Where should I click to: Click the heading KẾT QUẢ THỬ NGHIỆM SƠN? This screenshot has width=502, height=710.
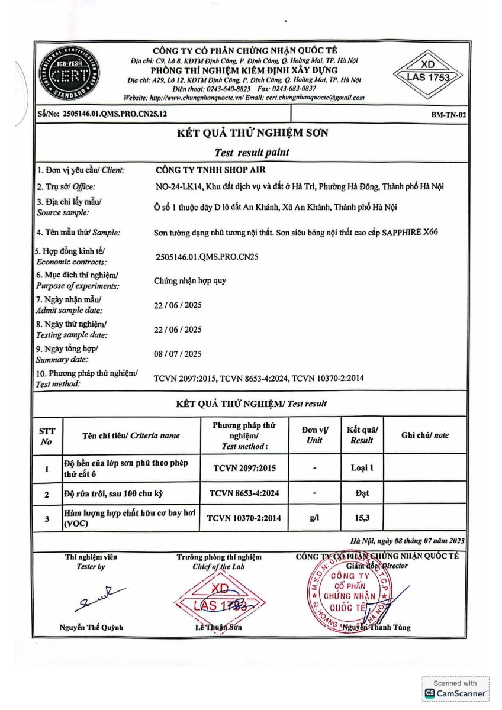coord(252,133)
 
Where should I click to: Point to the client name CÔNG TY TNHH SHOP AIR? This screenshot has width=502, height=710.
coord(202,170)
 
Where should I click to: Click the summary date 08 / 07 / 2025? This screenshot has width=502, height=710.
coord(178,354)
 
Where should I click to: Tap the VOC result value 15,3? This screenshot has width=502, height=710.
coord(362,518)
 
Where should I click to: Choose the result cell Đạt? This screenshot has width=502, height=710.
coord(362,493)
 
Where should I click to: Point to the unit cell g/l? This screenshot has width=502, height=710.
coord(314,518)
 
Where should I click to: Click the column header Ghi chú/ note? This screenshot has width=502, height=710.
coord(424,435)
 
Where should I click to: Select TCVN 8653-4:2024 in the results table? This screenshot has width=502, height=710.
coord(244,493)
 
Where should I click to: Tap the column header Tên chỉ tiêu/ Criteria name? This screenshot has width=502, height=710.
coord(131,435)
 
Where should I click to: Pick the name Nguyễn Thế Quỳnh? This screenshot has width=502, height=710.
coord(91,628)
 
